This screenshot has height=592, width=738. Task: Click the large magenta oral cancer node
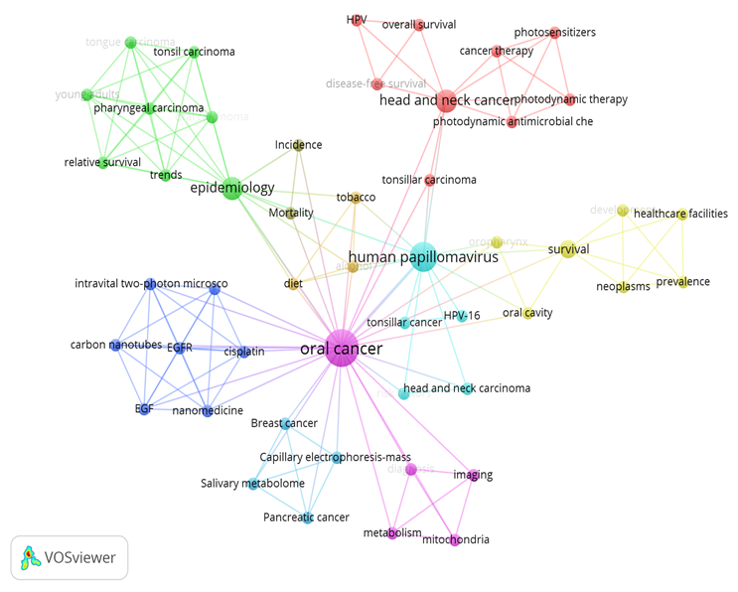[341, 348]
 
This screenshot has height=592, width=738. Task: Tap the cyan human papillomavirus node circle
[421, 255]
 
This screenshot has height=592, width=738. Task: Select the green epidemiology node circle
[231, 188]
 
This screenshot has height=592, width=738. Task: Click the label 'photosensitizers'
[554, 33]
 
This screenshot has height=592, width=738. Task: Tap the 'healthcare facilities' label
[680, 214]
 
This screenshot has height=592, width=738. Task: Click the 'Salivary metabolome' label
[252, 484]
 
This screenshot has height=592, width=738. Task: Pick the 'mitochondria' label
[455, 539]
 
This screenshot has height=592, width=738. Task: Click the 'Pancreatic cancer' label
[306, 518]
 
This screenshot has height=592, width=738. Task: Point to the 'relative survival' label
[102, 162]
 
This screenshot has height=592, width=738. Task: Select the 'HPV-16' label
[462, 316]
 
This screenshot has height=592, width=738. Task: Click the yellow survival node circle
[568, 249]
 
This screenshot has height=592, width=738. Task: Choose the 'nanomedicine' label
[208, 410]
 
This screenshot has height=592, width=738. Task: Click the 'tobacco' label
[356, 198]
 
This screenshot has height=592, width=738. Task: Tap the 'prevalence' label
[682, 282]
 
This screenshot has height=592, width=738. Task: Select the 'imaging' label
[473, 475]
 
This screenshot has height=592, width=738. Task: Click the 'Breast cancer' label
[284, 423]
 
